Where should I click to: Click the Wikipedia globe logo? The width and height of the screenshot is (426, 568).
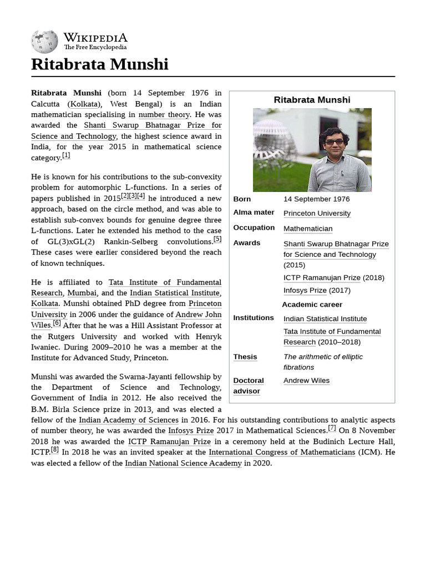point(44,42)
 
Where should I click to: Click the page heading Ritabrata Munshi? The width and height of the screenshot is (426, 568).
point(100,64)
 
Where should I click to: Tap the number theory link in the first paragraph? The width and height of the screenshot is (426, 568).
point(164,115)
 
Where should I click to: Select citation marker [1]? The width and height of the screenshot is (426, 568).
point(66,156)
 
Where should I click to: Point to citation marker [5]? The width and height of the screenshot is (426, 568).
point(217,240)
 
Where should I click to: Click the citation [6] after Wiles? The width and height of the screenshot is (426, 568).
point(57,323)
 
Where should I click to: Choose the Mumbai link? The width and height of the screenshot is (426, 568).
point(82,293)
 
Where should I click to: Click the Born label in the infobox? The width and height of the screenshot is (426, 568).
point(242,199)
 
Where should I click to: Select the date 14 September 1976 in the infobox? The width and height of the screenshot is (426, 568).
point(316,199)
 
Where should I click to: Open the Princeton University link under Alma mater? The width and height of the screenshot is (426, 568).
point(317,214)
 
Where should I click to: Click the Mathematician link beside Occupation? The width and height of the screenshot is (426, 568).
point(308,229)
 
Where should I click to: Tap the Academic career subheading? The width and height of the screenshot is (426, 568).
point(312,305)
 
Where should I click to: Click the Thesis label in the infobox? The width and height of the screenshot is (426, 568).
point(245,357)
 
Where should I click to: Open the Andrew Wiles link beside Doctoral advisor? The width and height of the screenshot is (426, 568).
point(306,381)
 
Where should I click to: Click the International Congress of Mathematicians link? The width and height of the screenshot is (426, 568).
point(282,453)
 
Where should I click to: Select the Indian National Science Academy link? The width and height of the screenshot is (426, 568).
point(183,463)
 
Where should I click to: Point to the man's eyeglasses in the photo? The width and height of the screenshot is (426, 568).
point(334,142)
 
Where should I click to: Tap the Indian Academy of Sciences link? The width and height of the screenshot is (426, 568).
point(129,420)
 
